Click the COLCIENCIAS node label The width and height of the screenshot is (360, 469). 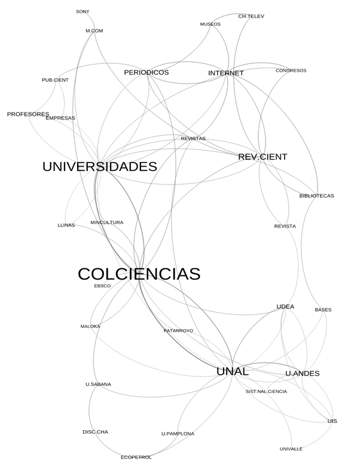139,274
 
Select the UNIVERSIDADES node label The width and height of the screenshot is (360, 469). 99,167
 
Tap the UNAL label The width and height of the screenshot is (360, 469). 232,371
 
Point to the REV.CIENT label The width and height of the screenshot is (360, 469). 263,157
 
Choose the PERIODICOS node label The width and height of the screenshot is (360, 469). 147,72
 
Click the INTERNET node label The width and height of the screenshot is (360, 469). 226,73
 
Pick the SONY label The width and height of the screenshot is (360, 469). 83,11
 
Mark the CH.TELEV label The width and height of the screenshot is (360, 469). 251,16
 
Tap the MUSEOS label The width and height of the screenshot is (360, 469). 210,24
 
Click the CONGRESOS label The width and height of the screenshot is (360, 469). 291,70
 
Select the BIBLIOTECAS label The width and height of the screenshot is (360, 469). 317,196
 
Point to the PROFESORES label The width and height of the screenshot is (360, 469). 28,114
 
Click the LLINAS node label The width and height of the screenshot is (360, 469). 66,225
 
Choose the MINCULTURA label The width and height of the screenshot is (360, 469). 107,223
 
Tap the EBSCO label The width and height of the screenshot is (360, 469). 102,286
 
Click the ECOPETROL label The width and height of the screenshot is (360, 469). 136,458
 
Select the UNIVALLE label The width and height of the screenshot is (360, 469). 291,449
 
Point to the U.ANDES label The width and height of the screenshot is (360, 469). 303,373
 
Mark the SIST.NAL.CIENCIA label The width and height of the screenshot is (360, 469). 266,392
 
